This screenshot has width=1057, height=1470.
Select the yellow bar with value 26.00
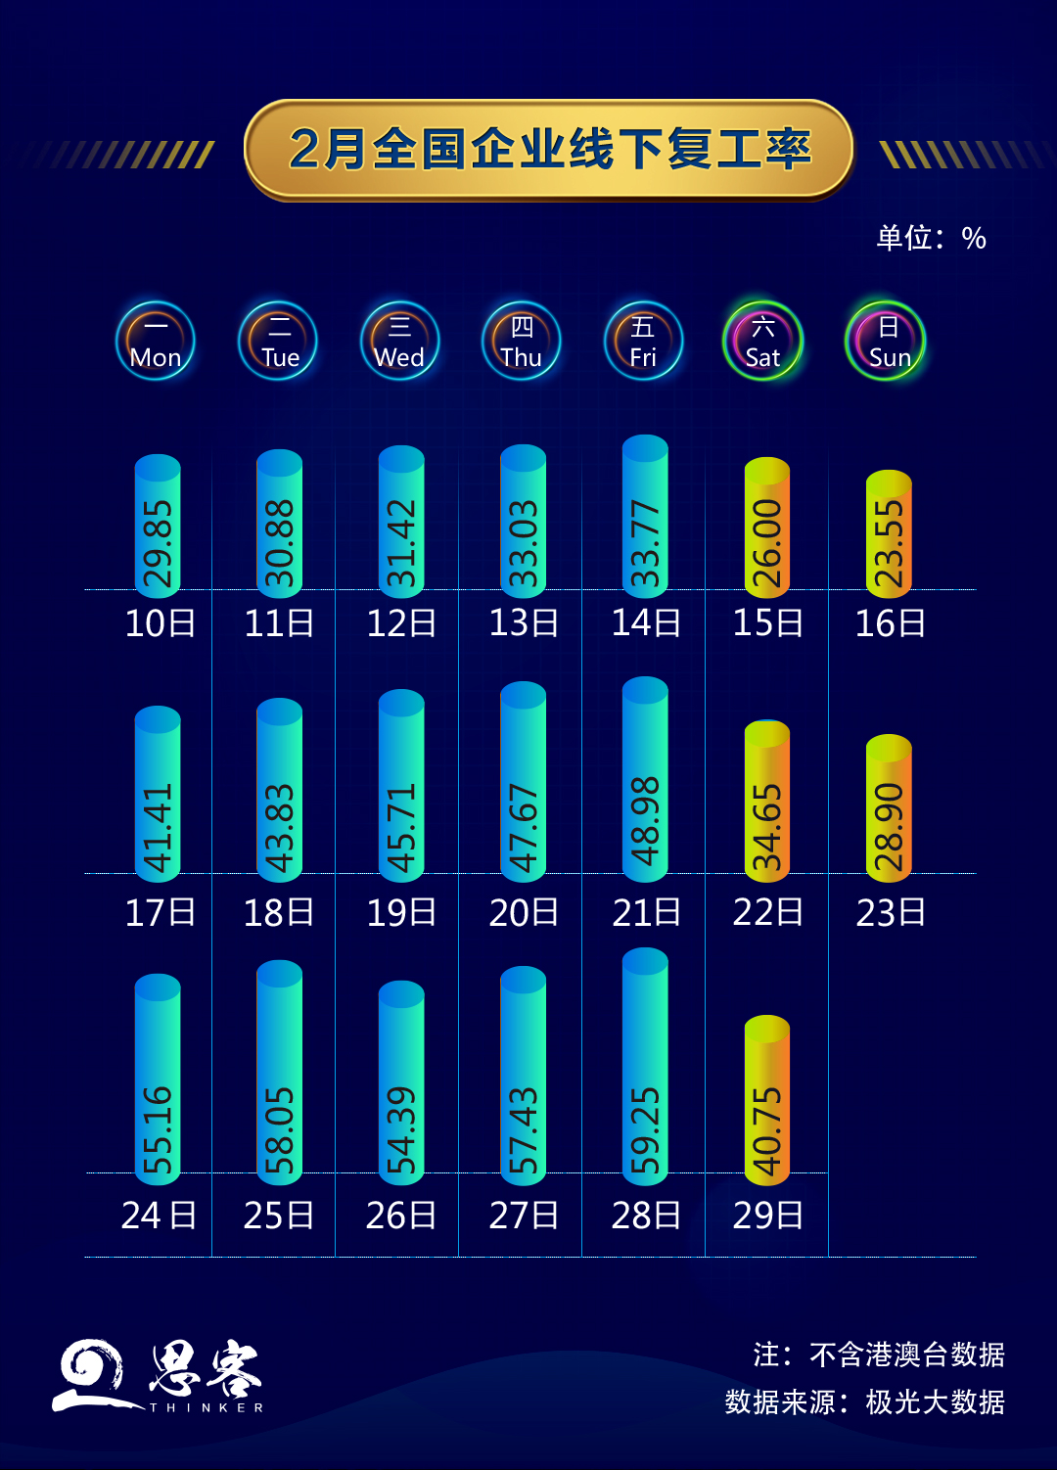pyautogui.click(x=767, y=528)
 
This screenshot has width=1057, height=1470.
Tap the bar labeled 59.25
pyautogui.click(x=645, y=1067)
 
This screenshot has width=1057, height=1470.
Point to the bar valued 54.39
pyautogui.click(x=401, y=1081)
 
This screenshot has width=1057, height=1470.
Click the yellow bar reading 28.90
pyautogui.click(x=889, y=808)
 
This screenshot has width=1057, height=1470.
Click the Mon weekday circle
pyautogui.click(x=156, y=342)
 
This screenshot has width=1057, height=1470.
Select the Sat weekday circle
pyautogui.click(x=762, y=342)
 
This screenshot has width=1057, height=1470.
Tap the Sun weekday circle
pyautogui.click(x=885, y=342)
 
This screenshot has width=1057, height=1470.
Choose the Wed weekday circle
pyautogui.click(x=399, y=342)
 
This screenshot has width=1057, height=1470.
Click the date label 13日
pyautogui.click(x=524, y=623)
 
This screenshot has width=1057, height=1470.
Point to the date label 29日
pyautogui.click(x=767, y=1216)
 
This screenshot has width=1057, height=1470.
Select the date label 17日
pyautogui.click(x=160, y=913)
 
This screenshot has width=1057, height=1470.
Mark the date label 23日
pyautogui.click(x=890, y=913)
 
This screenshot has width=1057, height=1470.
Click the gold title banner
pyautogui.click(x=548, y=150)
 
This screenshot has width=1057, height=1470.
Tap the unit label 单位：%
pyautogui.click(x=931, y=238)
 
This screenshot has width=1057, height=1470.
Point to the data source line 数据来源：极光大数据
pyautogui.click(x=864, y=1402)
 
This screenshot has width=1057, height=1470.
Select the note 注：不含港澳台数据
pyautogui.click(x=878, y=1355)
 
